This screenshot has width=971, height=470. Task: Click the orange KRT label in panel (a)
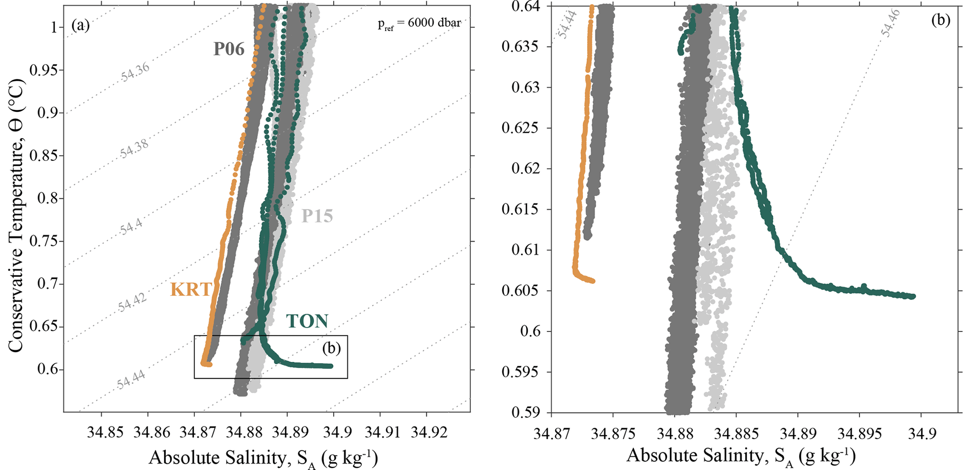click(191, 290)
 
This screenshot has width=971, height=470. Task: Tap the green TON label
click(307, 321)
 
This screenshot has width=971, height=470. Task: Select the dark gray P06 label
click(229, 48)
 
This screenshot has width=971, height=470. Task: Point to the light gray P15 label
click(317, 216)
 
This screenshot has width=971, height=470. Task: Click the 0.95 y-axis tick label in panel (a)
click(44, 70)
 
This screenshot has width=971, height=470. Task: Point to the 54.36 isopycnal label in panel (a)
click(135, 72)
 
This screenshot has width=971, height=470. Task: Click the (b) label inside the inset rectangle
click(331, 348)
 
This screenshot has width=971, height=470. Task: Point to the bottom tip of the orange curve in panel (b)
click(592, 281)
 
